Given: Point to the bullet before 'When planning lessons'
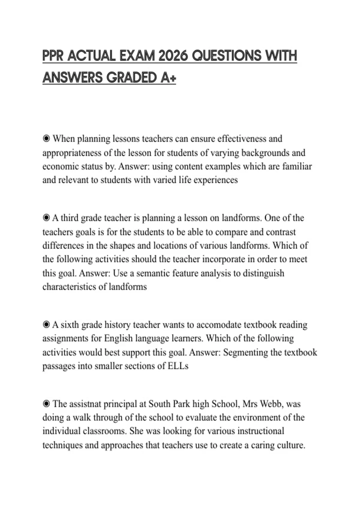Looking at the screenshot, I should click(x=46, y=139).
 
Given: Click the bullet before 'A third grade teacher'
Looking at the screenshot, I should click(x=46, y=218).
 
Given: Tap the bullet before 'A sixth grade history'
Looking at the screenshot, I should click(x=46, y=325).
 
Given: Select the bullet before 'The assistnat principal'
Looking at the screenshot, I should click(x=46, y=404).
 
